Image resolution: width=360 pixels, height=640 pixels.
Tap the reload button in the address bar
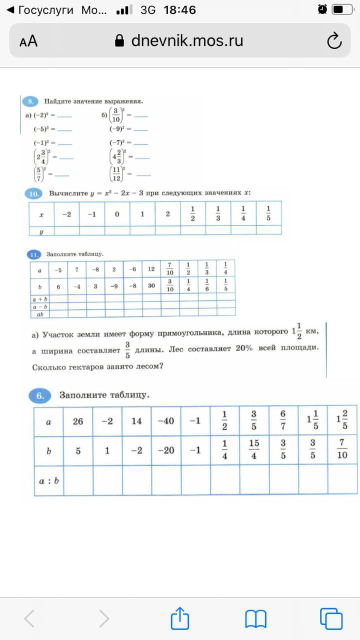click(x=334, y=41)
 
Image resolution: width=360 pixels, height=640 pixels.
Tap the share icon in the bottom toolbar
click(x=180, y=619)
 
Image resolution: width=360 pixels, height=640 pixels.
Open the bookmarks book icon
click(x=255, y=619)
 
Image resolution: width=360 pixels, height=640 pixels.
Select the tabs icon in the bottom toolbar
click(x=331, y=618)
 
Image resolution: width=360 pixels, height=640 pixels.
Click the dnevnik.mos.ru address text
click(x=187, y=40)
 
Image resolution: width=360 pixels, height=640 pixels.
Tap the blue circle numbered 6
click(x=40, y=395)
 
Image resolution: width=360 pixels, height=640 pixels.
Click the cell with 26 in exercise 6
click(x=78, y=421)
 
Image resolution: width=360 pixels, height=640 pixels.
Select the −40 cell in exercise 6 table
click(x=166, y=421)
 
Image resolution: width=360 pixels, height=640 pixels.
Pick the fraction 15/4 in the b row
click(x=254, y=450)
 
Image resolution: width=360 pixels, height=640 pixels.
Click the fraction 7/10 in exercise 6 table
click(x=342, y=450)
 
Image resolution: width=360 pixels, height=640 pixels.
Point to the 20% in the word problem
click(x=244, y=348)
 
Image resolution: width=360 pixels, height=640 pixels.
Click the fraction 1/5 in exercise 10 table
click(x=268, y=213)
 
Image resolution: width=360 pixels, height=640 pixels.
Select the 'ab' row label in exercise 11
click(x=39, y=314)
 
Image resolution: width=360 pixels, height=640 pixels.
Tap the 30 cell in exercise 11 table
click(x=151, y=286)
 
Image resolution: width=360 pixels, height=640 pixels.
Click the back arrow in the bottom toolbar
click(x=29, y=619)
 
